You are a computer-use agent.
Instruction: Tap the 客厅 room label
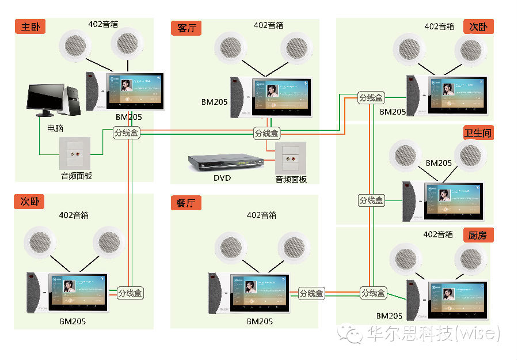pos(186,28)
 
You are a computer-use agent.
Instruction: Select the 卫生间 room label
pos(478,133)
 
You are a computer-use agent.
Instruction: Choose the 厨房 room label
pos(478,235)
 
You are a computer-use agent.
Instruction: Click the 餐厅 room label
pos(186,202)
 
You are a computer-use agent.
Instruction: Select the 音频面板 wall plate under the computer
pos(75,153)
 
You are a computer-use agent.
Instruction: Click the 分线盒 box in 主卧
pos(127,133)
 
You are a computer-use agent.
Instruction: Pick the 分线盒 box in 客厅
pos(266,134)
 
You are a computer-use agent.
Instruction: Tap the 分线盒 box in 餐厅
pos(311,293)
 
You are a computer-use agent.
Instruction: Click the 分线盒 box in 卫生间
pos(371,200)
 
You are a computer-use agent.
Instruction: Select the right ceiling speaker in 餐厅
pos(294,247)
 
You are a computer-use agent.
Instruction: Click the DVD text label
pos(222,178)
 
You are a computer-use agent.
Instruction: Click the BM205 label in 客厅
pos(214,102)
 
